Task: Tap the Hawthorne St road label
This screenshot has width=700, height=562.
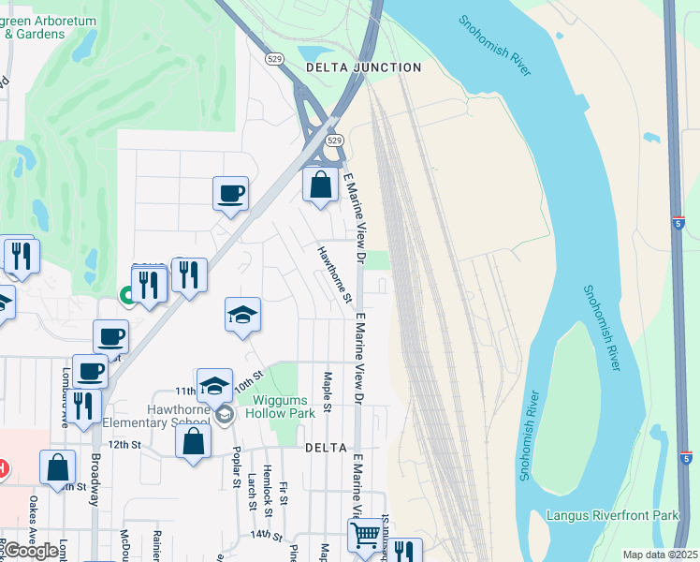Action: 333,274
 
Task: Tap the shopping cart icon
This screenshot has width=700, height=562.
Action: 366,535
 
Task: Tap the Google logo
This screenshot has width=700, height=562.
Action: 31,551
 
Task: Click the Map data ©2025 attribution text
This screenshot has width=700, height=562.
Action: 660,555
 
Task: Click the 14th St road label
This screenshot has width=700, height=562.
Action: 266,535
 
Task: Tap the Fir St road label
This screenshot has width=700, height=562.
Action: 284,494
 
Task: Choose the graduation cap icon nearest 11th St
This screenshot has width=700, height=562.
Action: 214,384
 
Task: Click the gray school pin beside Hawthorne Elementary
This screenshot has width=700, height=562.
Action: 224,414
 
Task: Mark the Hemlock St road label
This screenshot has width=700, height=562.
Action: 267,487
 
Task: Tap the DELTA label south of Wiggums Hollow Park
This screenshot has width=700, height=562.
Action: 326,449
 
